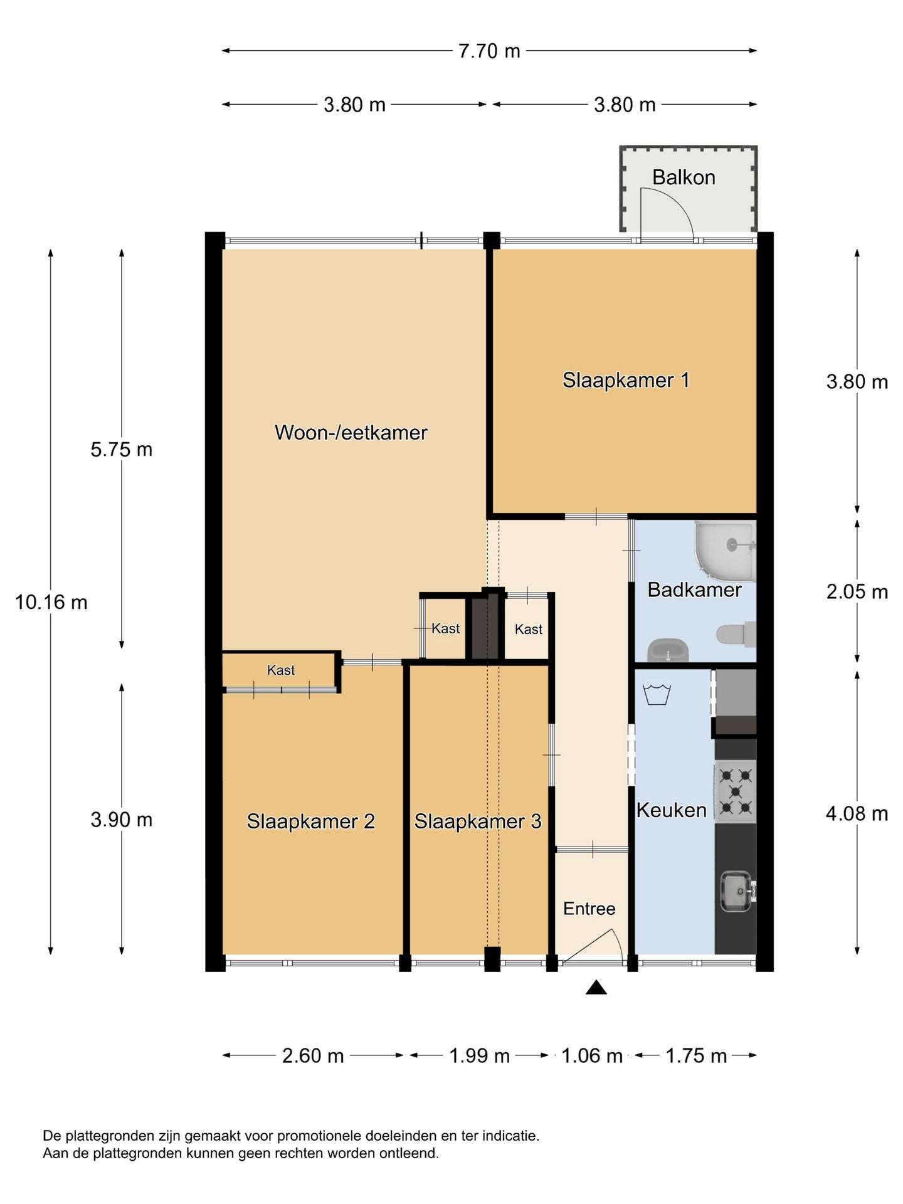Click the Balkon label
(684, 177)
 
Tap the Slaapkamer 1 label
(626, 380)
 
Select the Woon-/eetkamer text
(351, 433)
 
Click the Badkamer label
(694, 589)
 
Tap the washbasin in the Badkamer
(668, 650)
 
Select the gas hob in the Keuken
(736, 791)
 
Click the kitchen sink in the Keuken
(737, 891)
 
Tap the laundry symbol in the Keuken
(657, 695)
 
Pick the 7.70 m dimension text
(489, 51)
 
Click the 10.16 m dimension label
(51, 602)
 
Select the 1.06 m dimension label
(592, 1056)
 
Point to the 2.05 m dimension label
(857, 591)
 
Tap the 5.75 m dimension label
(122, 450)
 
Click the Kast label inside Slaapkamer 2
(281, 670)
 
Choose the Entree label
(589, 909)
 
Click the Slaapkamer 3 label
(478, 821)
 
